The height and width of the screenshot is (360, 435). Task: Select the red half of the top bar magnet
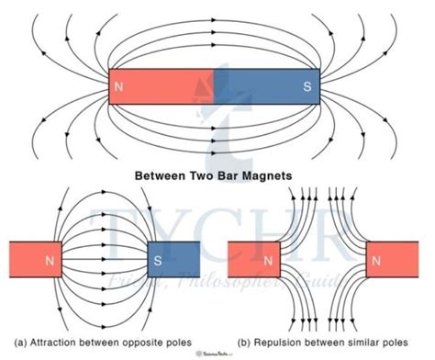coord(165,89)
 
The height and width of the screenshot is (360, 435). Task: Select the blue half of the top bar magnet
coord(266,89)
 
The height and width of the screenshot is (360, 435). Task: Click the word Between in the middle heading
coord(164,172)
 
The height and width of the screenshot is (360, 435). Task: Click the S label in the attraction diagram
coord(157,261)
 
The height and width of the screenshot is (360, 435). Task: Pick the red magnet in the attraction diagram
coord(32,261)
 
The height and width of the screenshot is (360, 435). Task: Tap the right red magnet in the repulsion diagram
coord(396,261)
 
